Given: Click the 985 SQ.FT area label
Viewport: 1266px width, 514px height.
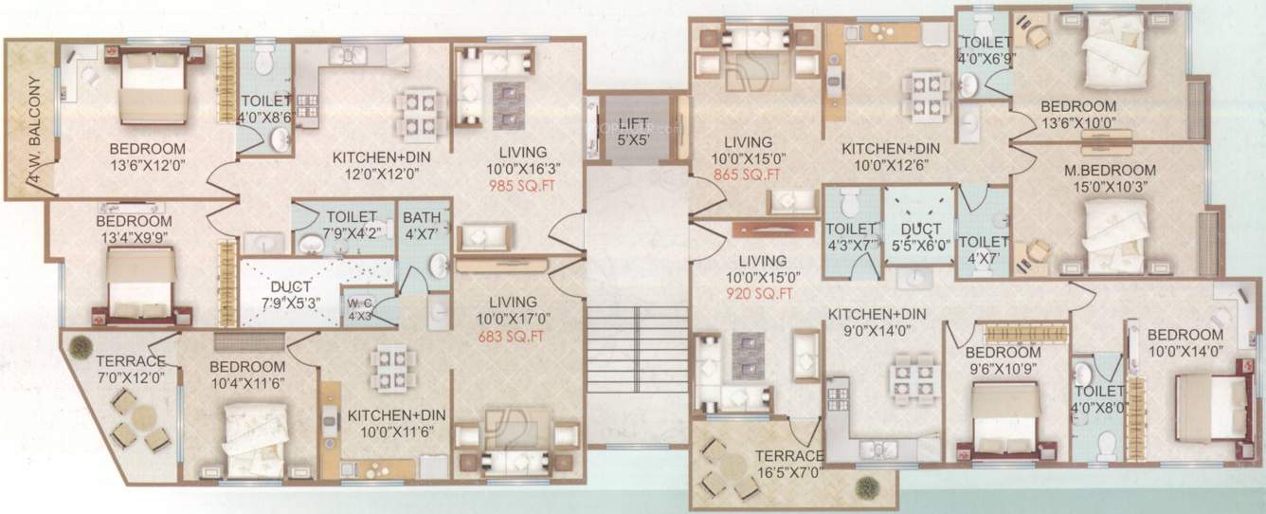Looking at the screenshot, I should [x=515, y=186].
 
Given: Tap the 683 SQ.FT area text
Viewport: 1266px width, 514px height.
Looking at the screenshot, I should [x=515, y=337].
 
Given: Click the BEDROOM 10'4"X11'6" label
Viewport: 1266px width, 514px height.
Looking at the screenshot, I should [x=247, y=375].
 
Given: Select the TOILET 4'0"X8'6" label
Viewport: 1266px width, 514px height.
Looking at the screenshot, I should [x=264, y=111].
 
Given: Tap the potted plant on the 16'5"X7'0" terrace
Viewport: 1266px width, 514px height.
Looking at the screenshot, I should [x=864, y=486].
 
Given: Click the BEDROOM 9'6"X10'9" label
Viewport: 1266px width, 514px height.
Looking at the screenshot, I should [x=1005, y=360].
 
